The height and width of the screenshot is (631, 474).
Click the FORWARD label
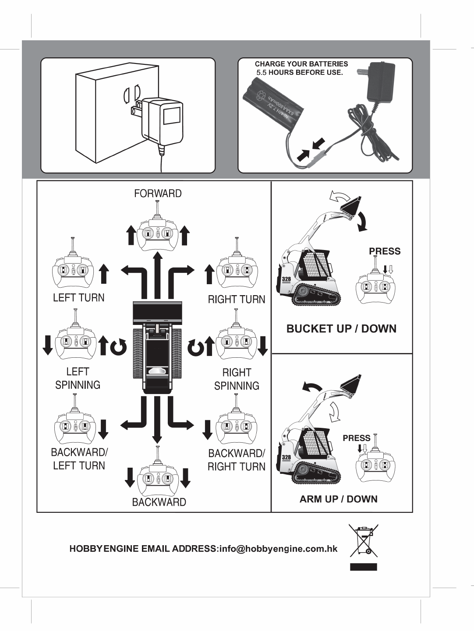tap(158, 194)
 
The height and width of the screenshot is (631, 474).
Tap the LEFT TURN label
tap(79, 298)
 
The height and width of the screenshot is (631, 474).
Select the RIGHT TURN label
tap(237, 300)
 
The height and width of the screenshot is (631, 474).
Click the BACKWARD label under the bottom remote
tap(159, 502)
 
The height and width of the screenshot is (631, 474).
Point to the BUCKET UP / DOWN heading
tap(341, 329)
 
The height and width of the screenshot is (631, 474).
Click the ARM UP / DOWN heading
tap(339, 499)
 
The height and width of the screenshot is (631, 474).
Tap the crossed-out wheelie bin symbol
tap(363, 540)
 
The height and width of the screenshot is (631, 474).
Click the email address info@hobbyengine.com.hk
tap(277, 549)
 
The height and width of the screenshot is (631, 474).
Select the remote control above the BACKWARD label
tap(158, 476)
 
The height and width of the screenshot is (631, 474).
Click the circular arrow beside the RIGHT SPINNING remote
tap(195, 347)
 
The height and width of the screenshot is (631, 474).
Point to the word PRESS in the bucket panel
tap(385, 251)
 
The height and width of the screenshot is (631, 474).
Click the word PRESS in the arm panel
tap(356, 438)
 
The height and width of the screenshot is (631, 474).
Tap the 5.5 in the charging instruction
tap(261, 72)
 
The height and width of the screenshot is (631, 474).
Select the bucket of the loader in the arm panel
tap(351, 385)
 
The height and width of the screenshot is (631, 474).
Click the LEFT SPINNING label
tap(78, 378)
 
